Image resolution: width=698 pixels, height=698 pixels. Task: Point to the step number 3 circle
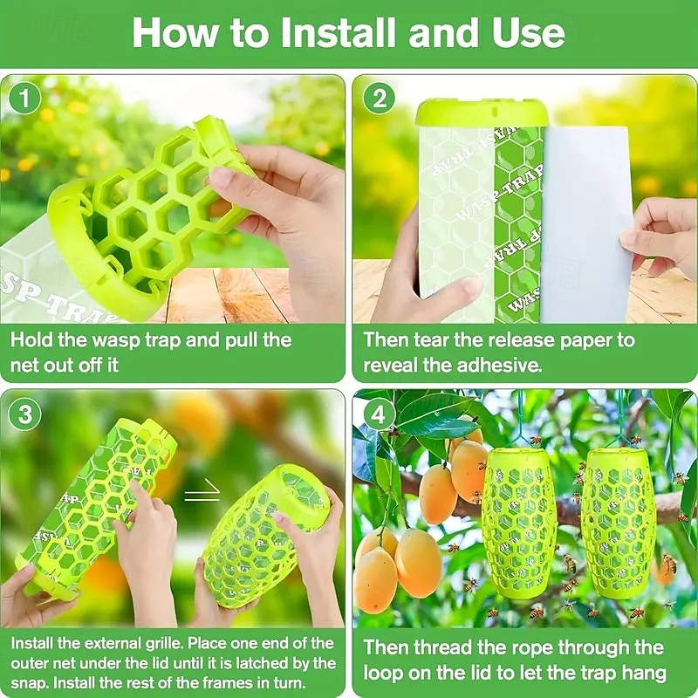[x=25, y=414]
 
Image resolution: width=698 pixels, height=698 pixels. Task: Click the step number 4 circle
[x=379, y=414]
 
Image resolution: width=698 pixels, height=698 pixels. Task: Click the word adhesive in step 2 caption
[x=497, y=365]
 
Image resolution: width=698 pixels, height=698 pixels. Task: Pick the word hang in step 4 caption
[x=642, y=673]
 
